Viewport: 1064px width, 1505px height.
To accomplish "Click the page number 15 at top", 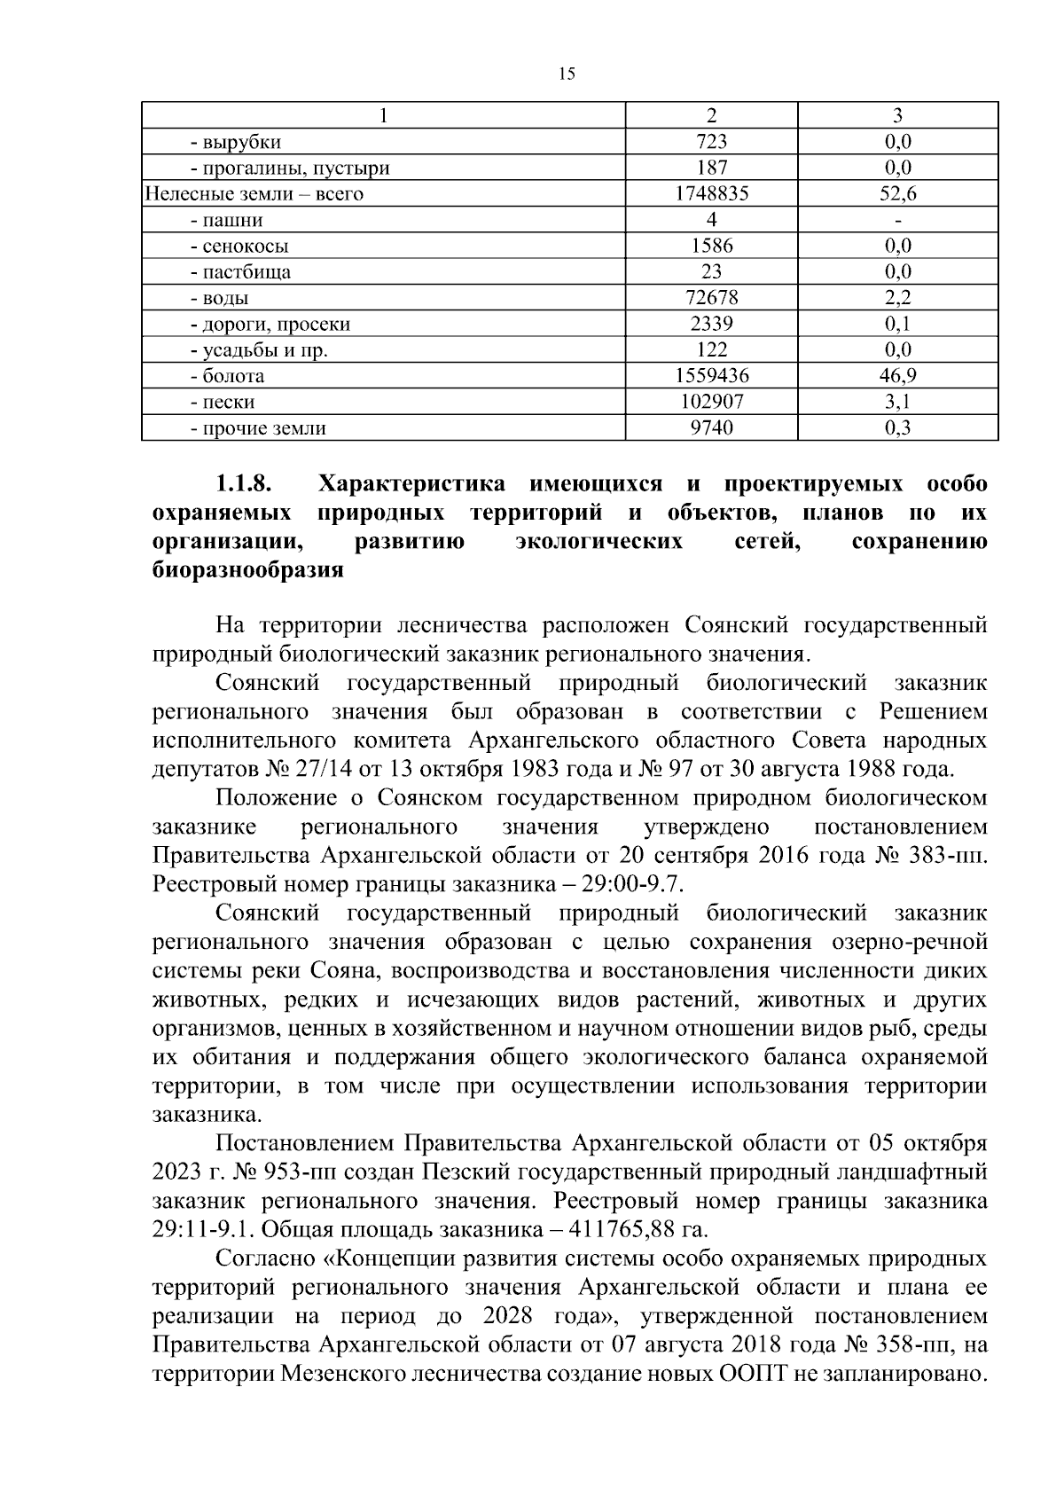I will click(567, 74).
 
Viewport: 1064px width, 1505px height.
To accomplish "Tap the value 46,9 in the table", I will click(897, 376).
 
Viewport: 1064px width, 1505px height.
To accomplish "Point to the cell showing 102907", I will click(711, 402).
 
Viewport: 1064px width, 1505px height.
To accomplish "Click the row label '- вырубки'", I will click(235, 142).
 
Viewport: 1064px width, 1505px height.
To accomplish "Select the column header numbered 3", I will click(897, 115).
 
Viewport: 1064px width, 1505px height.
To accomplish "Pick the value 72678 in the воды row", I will click(711, 298).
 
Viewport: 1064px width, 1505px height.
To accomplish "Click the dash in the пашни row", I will click(897, 220).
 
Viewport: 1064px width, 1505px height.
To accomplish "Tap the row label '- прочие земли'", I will click(257, 428).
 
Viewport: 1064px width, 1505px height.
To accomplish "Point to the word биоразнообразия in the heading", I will click(247, 570).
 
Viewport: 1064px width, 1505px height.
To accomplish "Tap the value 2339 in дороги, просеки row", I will click(711, 324).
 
